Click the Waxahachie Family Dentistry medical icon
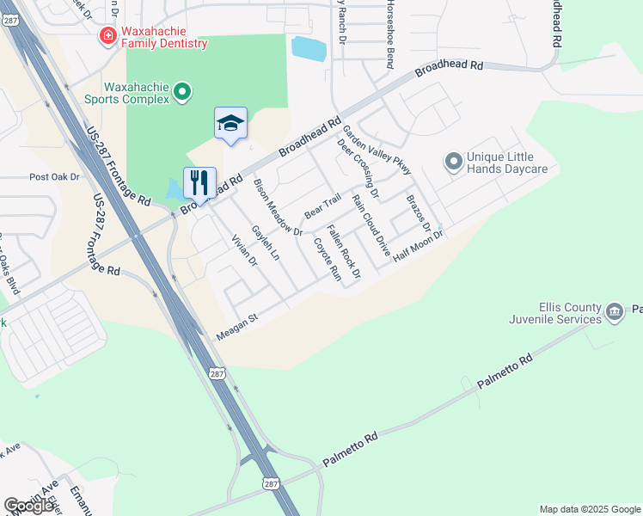[108, 35]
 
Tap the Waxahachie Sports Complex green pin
[181, 91]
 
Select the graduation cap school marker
[230, 123]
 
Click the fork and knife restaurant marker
[199, 182]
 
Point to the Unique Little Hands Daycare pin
[452, 161]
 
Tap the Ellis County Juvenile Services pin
[614, 311]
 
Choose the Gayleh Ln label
[265, 243]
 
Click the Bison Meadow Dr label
[277, 207]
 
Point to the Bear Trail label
[322, 208]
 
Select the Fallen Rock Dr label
[343, 252]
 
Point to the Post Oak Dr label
[53, 177]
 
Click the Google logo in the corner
[29, 506]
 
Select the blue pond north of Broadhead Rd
[309, 48]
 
